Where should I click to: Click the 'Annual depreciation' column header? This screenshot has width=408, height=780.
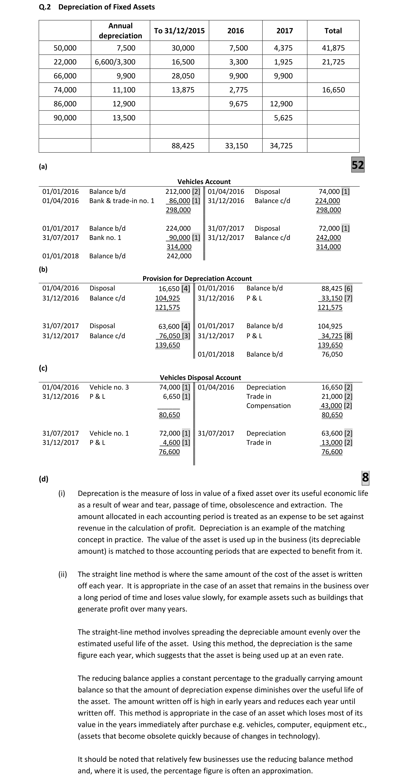[121, 31]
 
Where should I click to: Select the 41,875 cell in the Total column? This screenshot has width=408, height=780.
[333, 48]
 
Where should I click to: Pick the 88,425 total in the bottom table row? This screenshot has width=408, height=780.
[183, 146]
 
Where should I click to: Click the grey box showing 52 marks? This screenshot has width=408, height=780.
[358, 165]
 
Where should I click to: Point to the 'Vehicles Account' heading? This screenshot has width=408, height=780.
[204, 182]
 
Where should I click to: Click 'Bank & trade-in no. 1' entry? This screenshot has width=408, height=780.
[122, 201]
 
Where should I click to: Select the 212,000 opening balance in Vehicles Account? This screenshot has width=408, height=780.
[178, 191]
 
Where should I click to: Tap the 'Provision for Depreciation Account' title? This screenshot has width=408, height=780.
[197, 278]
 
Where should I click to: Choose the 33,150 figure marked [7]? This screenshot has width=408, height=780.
[332, 298]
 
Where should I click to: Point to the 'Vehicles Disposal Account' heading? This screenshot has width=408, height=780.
[200, 378]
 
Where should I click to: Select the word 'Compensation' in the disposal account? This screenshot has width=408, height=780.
[268, 406]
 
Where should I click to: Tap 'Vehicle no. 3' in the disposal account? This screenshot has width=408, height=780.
[109, 387]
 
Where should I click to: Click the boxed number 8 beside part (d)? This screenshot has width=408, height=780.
[365, 477]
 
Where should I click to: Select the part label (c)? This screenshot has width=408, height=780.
[43, 368]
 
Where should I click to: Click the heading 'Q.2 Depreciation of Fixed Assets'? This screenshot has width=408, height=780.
[97, 7]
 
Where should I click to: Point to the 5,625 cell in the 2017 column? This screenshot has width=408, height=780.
[283, 118]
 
